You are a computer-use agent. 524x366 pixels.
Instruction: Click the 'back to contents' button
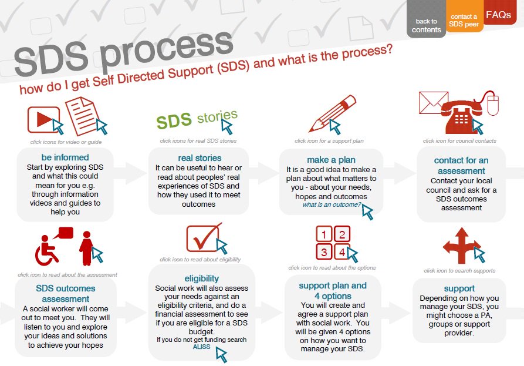click(426, 25)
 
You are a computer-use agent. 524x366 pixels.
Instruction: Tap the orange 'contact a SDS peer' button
click(464, 21)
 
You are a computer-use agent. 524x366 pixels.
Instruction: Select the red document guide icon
click(82, 115)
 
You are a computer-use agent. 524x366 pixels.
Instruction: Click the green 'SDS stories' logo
click(196, 119)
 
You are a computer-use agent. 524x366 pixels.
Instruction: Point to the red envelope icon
click(434, 103)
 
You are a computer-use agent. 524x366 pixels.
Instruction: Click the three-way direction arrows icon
click(462, 246)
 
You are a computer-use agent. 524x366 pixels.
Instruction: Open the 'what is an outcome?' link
click(332, 205)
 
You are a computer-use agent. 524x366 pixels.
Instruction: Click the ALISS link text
click(201, 347)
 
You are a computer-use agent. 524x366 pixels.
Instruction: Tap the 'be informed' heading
click(65, 157)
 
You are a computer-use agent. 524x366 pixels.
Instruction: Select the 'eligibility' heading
click(201, 278)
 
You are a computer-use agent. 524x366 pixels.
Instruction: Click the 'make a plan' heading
click(331, 160)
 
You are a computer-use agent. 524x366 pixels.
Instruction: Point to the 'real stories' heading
click(200, 158)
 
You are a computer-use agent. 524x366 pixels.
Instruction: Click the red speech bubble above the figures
click(65, 233)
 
